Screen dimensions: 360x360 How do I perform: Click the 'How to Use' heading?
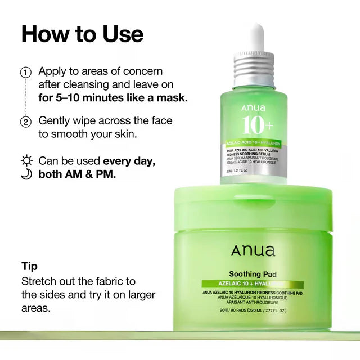pos(82,34)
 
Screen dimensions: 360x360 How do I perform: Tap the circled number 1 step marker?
pos(25,73)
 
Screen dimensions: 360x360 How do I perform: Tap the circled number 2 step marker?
pos(25,122)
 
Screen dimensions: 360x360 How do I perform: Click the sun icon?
pos(25,161)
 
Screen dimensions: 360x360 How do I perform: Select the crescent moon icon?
pos(25,174)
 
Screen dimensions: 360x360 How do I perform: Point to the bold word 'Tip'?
pos(29,266)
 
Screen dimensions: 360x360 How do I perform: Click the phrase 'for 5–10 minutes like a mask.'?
pos(113,97)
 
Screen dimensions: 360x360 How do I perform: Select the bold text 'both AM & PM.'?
pos(77,174)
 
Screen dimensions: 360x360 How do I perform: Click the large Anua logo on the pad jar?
pos(253,251)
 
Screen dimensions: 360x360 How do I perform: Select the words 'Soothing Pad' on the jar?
pos(253,274)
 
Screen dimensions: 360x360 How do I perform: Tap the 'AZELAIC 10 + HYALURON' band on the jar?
pos(253,285)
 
